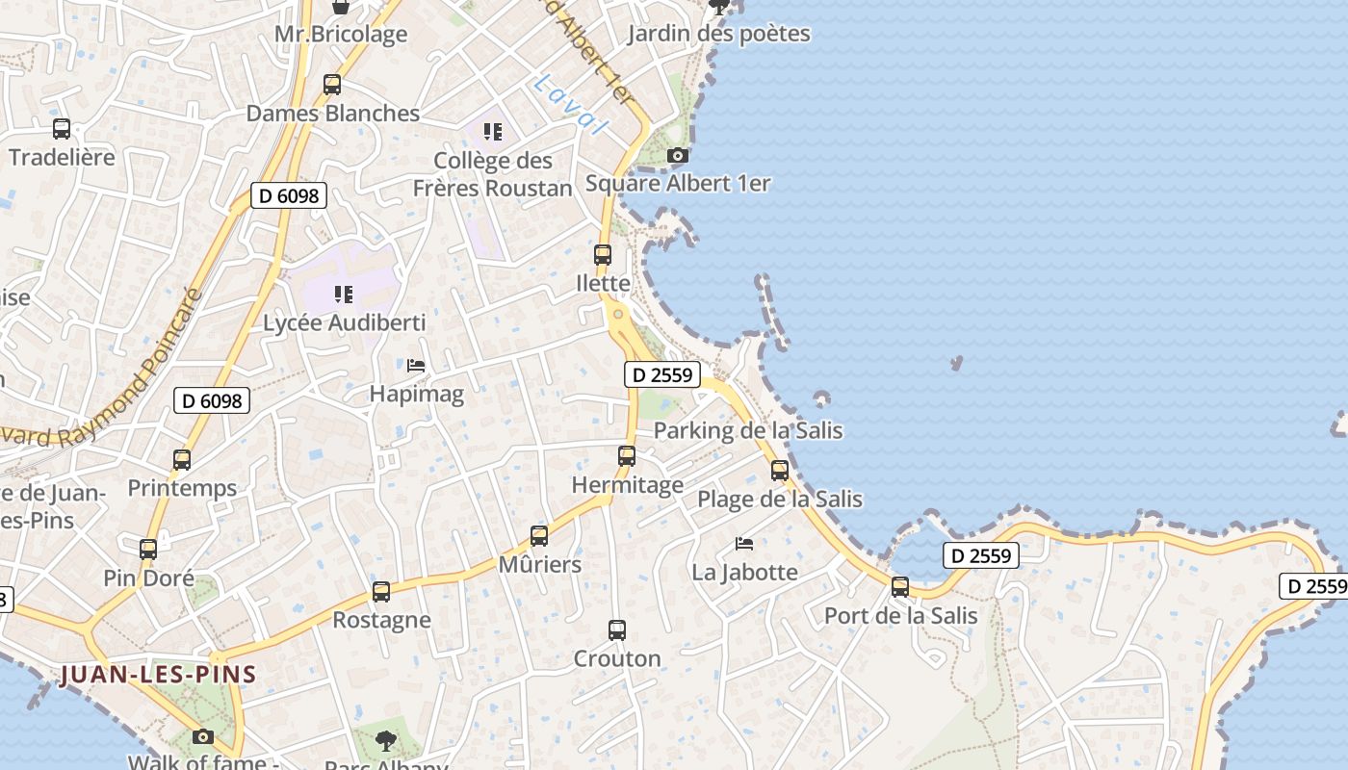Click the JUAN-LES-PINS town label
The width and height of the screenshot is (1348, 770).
tap(159, 674)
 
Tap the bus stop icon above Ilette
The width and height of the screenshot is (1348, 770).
tap(603, 255)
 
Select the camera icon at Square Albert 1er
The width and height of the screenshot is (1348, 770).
tap(678, 155)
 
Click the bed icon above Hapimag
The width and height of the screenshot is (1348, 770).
tap(416, 366)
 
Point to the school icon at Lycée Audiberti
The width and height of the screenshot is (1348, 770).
tap(344, 295)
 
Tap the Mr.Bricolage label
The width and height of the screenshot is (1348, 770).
tap(341, 35)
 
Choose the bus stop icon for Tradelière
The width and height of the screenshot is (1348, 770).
tap(62, 128)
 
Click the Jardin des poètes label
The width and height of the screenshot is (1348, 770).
tap(718, 35)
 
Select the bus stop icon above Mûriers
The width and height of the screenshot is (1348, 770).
tap(539, 536)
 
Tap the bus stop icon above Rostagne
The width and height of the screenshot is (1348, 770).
tap(381, 592)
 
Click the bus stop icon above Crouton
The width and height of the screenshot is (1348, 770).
tap(617, 630)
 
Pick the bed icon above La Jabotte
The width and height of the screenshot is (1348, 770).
tap(744, 544)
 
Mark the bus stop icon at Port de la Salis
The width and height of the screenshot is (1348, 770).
tap(900, 587)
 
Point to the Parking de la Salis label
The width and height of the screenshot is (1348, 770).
tap(748, 430)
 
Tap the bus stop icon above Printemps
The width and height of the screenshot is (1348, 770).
tap(182, 460)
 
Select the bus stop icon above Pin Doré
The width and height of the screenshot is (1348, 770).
tap(148, 550)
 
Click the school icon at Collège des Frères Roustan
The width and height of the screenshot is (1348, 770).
tap(493, 132)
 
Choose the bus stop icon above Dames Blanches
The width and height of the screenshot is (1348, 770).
tap(332, 85)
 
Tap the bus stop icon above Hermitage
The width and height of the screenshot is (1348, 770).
tap(627, 456)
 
